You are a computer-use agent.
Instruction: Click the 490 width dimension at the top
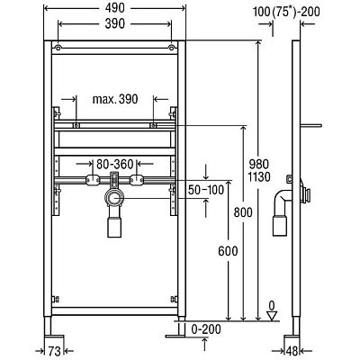(115, 8)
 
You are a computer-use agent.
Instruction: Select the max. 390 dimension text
(115, 99)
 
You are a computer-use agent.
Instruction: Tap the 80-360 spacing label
(115, 164)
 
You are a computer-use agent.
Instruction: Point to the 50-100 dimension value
(206, 190)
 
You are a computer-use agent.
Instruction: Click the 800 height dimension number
(243, 212)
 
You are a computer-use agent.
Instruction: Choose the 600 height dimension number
(228, 251)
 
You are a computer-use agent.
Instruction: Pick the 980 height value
(259, 164)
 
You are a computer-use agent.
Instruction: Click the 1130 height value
(259, 177)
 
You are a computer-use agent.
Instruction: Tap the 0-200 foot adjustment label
(206, 329)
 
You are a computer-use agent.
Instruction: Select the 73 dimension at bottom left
(54, 351)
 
